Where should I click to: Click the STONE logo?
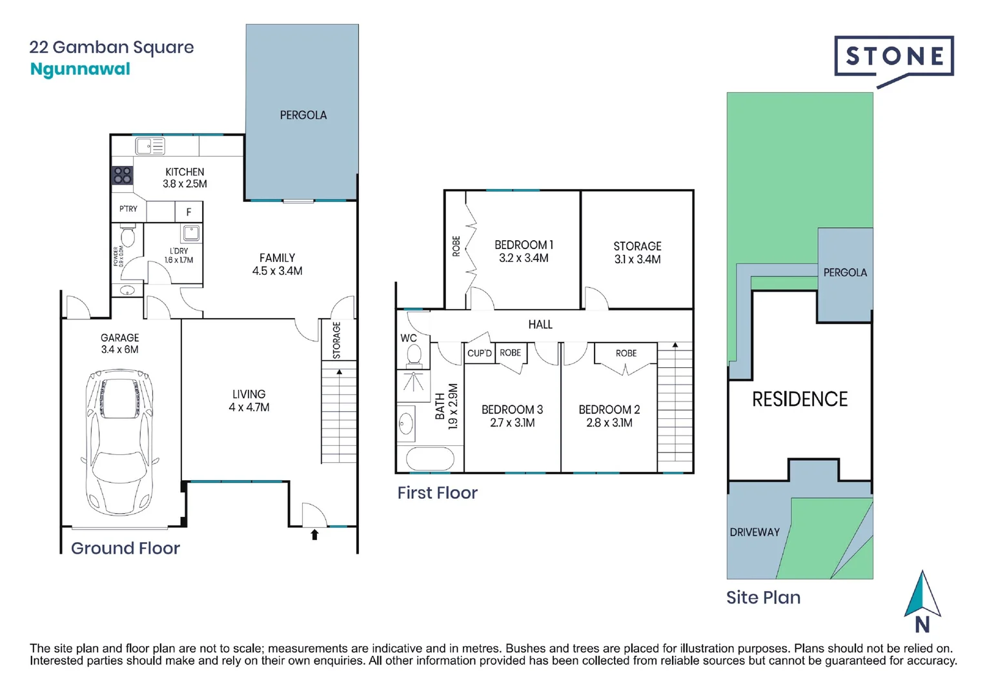893,57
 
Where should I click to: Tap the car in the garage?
120,439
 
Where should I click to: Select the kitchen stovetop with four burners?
122,175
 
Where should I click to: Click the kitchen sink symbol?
150,146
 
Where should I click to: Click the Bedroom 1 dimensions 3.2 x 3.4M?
524,258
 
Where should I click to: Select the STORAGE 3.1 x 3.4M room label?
637,252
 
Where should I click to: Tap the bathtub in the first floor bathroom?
430,460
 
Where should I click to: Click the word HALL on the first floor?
540,325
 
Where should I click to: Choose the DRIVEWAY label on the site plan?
755,532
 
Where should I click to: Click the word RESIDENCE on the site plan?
800,399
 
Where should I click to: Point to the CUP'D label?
480,353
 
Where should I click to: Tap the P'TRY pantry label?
128,209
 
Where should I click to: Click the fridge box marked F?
188,212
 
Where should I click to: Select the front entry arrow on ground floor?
314,534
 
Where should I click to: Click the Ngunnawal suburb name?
80,69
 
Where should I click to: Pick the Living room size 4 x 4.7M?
249,407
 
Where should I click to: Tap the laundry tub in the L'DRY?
191,233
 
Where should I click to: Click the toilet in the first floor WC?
414,355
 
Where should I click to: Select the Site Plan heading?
763,598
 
